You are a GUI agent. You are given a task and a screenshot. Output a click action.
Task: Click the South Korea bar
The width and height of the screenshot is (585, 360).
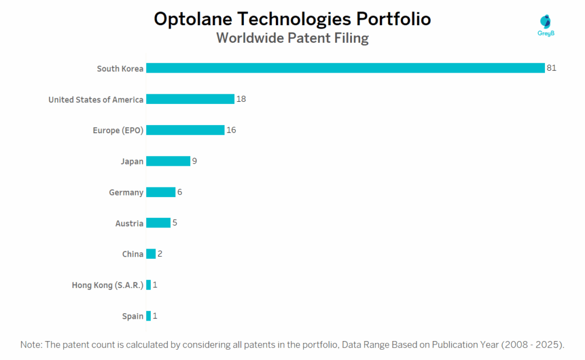point(345,68)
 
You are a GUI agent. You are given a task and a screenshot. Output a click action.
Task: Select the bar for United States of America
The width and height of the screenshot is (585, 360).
point(190,99)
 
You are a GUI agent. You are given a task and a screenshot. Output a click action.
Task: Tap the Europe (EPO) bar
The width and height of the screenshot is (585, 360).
point(185,130)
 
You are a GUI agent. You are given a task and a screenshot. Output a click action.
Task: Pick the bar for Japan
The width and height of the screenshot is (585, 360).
point(168,161)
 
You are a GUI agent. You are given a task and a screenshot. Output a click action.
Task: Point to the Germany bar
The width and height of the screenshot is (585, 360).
point(161,192)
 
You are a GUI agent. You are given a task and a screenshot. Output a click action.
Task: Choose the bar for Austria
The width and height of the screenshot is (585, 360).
point(158,223)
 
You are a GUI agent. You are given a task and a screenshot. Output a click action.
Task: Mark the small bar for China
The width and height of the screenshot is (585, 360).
point(151,254)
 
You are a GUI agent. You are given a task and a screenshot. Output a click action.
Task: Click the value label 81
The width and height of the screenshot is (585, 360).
point(551,68)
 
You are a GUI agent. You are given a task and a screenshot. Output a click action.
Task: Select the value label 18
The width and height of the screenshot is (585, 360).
point(241,99)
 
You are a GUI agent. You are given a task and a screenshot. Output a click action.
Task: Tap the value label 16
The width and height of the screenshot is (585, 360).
point(231,130)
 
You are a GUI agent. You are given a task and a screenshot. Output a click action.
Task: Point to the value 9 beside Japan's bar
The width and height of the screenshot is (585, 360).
point(195,161)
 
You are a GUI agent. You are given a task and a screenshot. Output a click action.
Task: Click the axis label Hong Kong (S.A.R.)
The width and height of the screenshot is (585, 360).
point(107,285)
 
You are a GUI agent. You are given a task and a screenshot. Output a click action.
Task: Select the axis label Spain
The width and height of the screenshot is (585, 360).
point(133,316)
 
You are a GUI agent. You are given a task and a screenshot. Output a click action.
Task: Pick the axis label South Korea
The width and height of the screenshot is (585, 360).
point(120,69)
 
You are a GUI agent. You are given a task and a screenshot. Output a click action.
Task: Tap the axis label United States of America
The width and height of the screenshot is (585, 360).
point(96,100)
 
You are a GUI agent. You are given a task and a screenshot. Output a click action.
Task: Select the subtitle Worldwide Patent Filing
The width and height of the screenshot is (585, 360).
point(292,38)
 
